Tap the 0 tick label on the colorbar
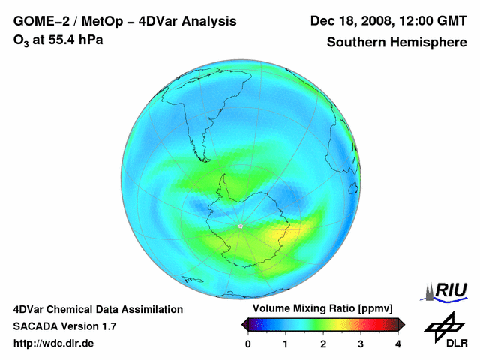click(248, 343)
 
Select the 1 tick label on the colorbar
click(286, 343)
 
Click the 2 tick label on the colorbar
click(323, 343)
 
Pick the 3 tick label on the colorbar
click(361, 343)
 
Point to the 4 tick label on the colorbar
click(398, 343)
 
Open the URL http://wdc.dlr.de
click(54, 343)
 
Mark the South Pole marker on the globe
click(240, 226)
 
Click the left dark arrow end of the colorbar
click(245, 324)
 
